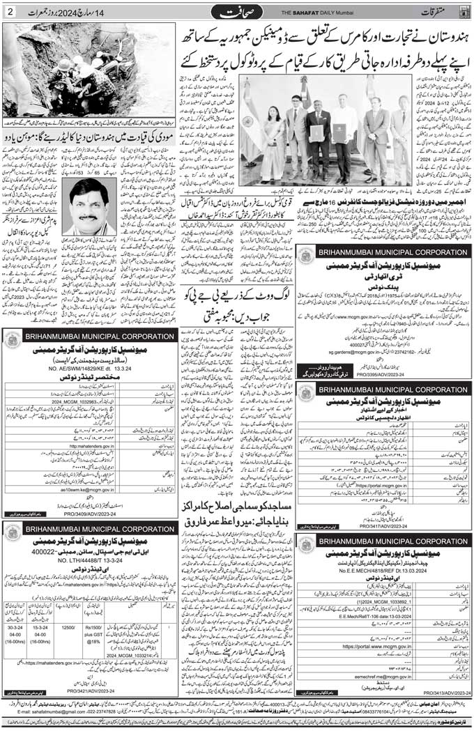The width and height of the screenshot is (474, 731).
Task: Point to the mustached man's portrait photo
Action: [92, 206]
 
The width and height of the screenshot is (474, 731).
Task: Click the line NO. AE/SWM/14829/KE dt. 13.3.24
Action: [93, 369]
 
